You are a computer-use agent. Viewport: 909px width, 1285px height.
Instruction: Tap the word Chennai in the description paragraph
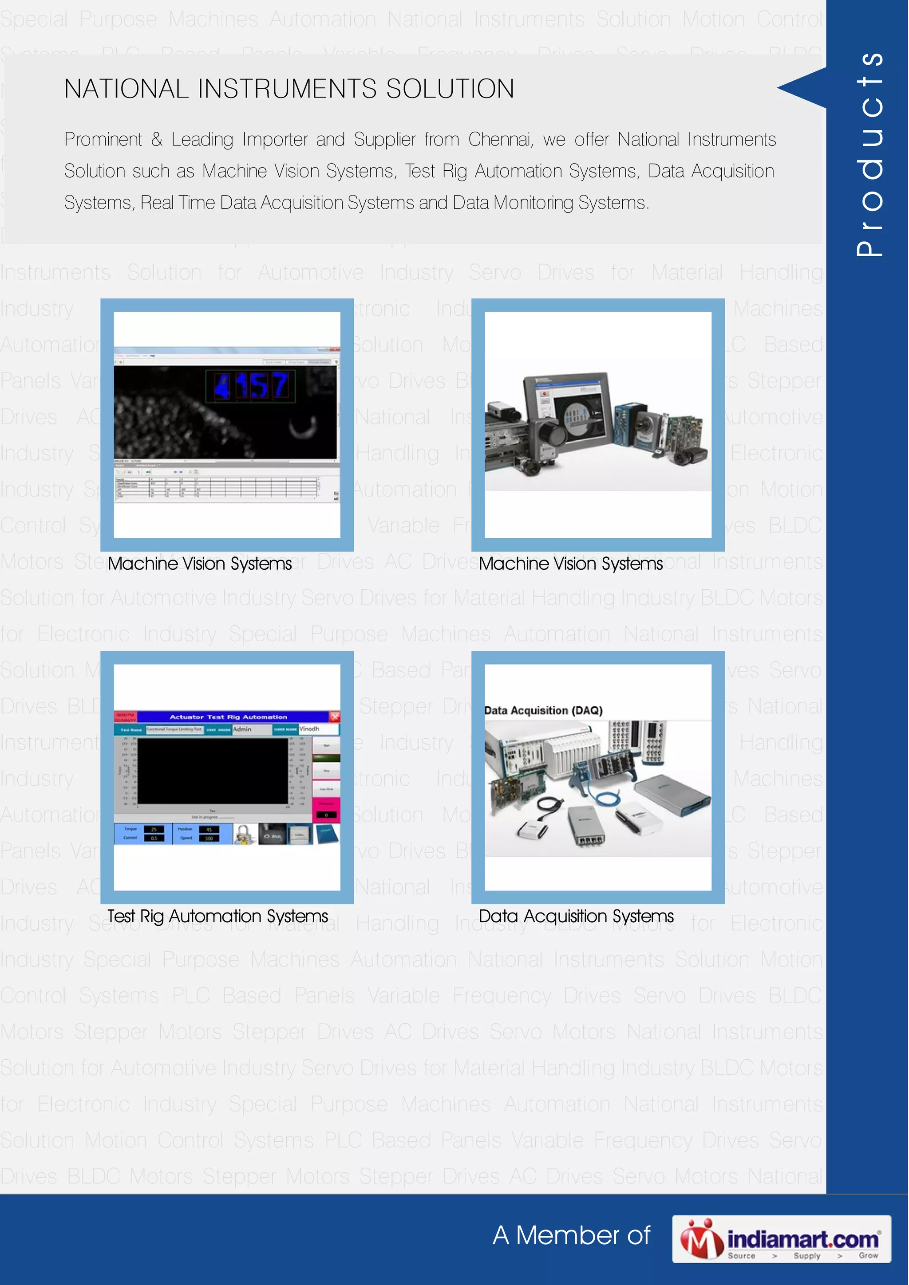coord(500,139)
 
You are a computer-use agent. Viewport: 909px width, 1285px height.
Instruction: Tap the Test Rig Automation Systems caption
coord(217,916)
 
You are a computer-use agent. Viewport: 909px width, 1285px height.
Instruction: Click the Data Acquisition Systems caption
coord(576,916)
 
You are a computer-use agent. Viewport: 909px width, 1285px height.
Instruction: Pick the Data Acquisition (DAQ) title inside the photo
coord(543,710)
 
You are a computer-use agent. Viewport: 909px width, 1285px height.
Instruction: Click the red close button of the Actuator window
coord(334,717)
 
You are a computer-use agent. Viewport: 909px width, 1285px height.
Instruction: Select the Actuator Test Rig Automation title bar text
coord(228,717)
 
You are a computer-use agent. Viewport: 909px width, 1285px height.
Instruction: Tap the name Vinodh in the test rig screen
coord(309,729)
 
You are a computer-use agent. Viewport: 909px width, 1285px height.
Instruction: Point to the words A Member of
coord(571,1236)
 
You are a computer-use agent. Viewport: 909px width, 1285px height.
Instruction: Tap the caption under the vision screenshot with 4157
coord(200,564)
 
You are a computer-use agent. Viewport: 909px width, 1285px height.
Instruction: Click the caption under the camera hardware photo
coord(571,564)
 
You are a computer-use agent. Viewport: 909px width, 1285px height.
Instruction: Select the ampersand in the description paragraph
coord(157,139)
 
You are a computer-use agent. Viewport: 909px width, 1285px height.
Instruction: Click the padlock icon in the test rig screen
coord(244,834)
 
